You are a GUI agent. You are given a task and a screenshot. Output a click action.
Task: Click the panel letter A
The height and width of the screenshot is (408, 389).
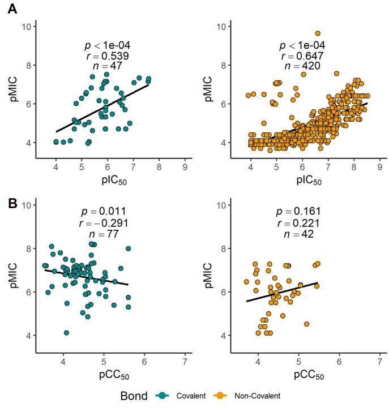[10, 11]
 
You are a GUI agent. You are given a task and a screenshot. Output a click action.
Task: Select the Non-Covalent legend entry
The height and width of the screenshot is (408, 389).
[250, 396]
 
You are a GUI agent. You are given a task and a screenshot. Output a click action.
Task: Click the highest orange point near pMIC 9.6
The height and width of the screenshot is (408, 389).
[318, 33]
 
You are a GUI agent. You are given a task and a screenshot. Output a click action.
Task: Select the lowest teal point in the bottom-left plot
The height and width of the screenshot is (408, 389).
[66, 333]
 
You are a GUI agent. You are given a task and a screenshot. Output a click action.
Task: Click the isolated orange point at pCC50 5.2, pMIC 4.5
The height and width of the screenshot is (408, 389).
[306, 324]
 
